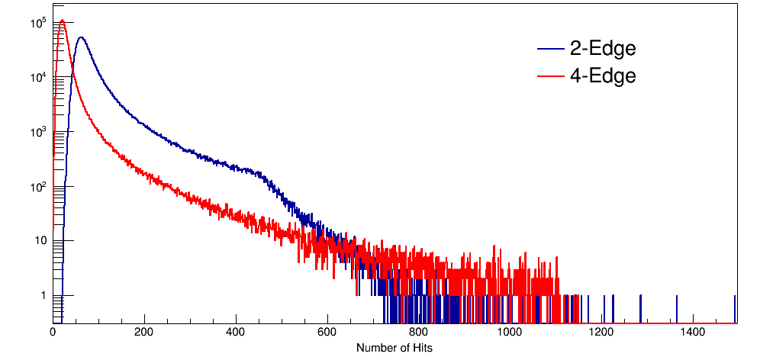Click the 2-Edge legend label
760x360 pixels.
coord(602,49)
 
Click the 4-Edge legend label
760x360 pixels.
coord(602,76)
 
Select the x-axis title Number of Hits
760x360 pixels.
coord(394,348)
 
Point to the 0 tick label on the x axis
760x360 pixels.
coord(53,333)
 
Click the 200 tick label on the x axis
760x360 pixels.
coord(144,333)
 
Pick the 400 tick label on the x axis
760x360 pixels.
coord(236,333)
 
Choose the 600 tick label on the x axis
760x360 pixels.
coord(327,333)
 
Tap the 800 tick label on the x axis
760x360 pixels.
coord(418,333)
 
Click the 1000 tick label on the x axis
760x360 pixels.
coord(510,333)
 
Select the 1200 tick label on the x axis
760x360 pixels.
coord(601,333)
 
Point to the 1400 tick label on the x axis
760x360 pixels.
coord(693,333)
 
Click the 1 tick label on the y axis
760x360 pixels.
coord(43,296)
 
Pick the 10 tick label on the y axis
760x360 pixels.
coord(40,241)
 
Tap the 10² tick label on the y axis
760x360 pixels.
coord(39,186)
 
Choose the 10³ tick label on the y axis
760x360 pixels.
coord(39,132)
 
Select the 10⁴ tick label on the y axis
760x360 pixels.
coord(39,77)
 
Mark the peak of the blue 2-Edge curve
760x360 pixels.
coord(81,37)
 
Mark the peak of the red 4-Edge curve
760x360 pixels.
coord(63,21)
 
